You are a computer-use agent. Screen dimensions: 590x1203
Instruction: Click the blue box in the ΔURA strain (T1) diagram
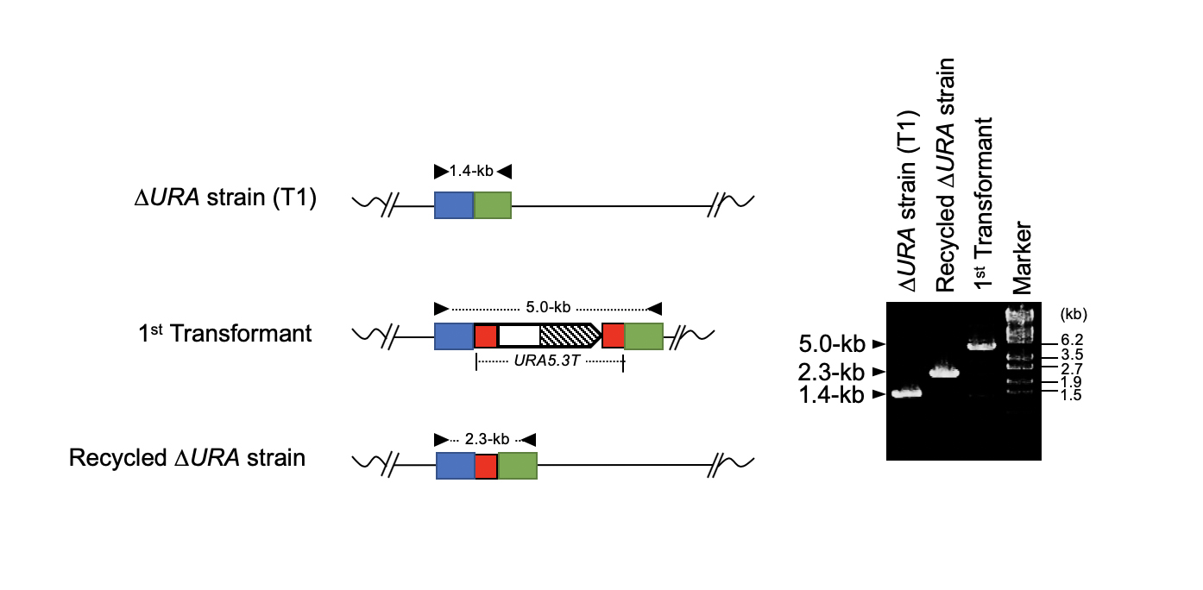pos(454,205)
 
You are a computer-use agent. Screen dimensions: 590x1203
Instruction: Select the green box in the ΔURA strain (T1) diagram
pos(493,205)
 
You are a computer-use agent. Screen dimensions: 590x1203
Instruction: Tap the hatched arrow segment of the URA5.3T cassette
pos(568,334)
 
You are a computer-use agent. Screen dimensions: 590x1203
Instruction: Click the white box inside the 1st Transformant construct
pos(519,335)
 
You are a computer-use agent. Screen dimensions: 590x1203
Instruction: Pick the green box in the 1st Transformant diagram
pos(644,335)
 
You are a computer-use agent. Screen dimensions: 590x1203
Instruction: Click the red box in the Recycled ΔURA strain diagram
pos(486,466)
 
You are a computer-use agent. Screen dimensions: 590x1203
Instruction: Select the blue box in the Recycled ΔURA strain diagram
pos(455,466)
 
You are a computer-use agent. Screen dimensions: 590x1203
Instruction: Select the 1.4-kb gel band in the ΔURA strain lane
pos(906,393)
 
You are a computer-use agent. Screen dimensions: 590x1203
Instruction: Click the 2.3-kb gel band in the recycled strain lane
pos(943,373)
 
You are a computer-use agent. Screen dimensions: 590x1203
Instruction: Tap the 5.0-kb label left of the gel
pos(830,345)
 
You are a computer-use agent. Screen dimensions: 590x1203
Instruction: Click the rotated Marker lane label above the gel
pos(1023,259)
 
